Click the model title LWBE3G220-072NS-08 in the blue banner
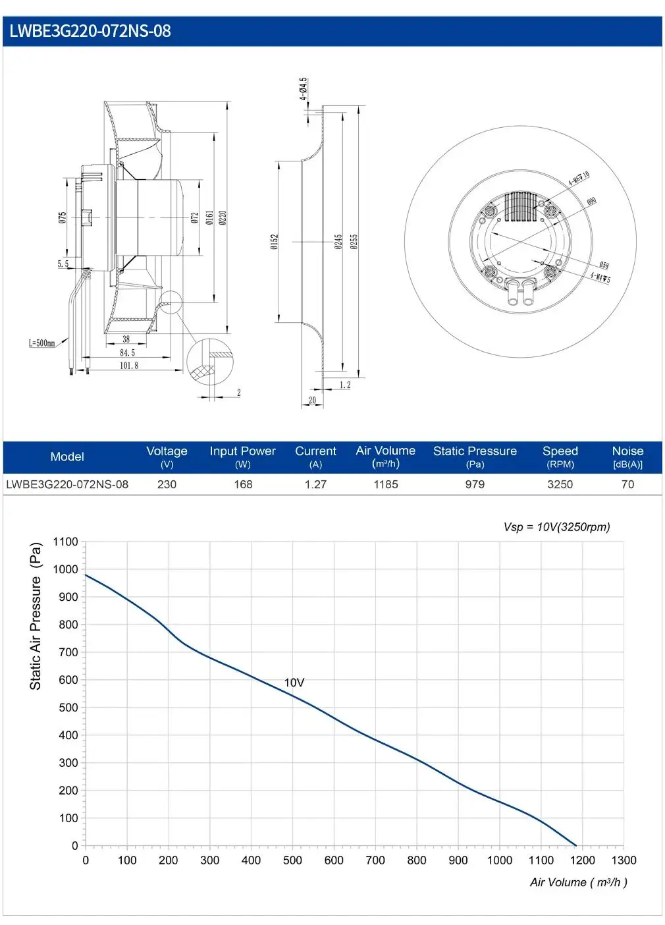point(90,31)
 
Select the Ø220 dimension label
point(223,217)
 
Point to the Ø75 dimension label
point(62,217)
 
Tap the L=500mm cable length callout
point(41,343)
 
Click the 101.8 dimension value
point(129,366)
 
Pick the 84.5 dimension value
point(127,352)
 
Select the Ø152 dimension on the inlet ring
point(275,242)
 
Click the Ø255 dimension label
point(354,242)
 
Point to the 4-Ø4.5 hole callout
point(303,89)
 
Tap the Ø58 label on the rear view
point(604,265)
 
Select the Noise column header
point(627,457)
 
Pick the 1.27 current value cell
point(315,484)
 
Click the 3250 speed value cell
point(560,484)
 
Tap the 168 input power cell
point(243,484)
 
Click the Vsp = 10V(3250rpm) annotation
point(556,527)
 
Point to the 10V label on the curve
point(294,682)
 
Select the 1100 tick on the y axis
point(66,542)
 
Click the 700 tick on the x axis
point(375,860)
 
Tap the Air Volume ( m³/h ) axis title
point(578,882)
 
